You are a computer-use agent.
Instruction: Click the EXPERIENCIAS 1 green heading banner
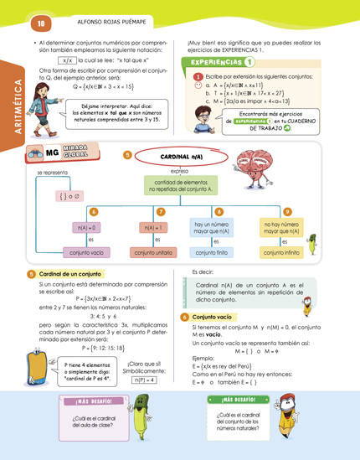click(x=224, y=62)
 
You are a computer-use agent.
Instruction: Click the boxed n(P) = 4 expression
click(x=144, y=380)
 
